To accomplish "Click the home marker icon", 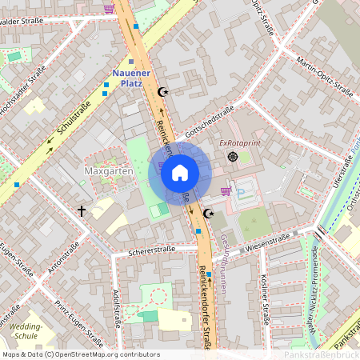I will click(180, 173).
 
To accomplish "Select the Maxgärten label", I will click(108, 172).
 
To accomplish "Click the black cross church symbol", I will click(81, 211).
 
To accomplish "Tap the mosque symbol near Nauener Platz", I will click(165, 93).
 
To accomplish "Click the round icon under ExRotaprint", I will click(233, 156).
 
